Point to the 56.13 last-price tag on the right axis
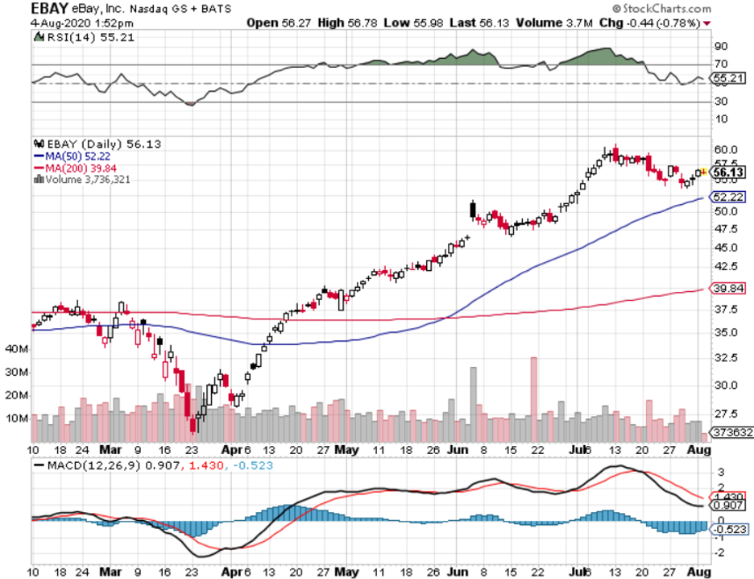point(727,173)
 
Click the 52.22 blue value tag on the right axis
point(727,197)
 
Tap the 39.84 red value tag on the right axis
point(727,289)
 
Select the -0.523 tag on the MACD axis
point(729,529)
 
